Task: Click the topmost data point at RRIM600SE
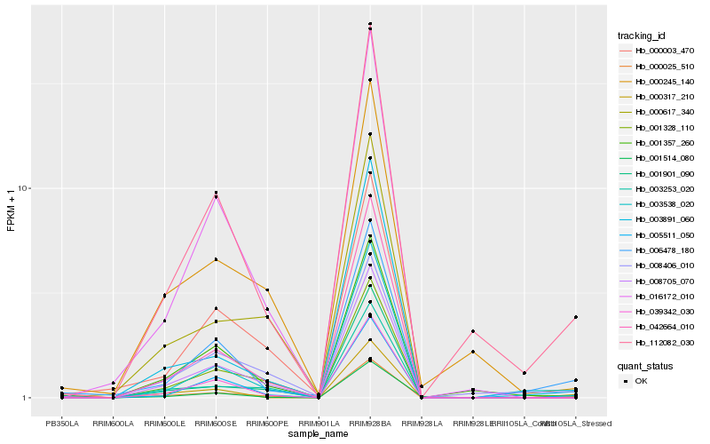(216, 193)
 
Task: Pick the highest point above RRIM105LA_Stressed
(576, 317)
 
